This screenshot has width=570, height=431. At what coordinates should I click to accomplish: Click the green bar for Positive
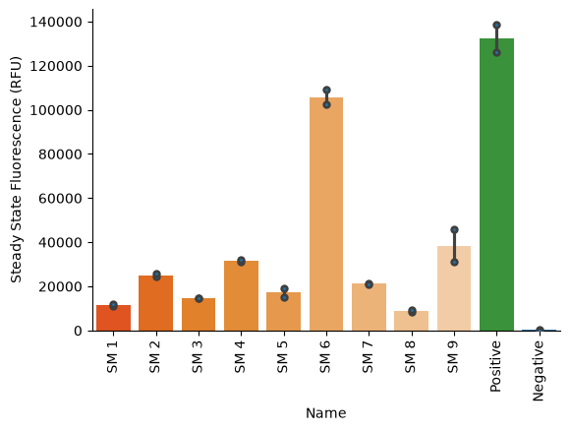[x=496, y=185]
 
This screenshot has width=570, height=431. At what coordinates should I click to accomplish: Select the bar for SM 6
[x=326, y=215]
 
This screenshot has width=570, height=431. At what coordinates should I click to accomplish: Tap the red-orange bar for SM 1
[x=113, y=318]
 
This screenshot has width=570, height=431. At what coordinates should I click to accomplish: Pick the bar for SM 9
[x=454, y=288]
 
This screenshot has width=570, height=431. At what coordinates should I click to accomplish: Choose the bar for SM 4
[x=242, y=295]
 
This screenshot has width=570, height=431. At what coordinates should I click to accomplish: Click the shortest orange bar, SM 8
[x=412, y=321]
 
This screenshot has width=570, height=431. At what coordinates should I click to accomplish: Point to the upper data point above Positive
[x=497, y=26]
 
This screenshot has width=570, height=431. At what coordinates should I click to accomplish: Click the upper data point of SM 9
[x=454, y=229]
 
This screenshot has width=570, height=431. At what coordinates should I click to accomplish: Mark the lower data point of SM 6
[x=327, y=105]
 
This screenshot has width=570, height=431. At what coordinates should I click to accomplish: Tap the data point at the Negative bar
[x=540, y=330]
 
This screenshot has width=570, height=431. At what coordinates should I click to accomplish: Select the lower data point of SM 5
[x=284, y=297]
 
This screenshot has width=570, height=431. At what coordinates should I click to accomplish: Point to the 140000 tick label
[x=56, y=23]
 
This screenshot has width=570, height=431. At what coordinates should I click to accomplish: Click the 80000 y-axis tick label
[x=60, y=154]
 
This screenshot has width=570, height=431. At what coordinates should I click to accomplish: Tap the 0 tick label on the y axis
[x=79, y=331]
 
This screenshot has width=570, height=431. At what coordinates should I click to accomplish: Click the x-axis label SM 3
[x=198, y=357]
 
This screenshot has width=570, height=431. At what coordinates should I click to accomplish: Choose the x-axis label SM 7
[x=368, y=357]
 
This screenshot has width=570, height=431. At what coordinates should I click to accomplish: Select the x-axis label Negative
[x=539, y=371]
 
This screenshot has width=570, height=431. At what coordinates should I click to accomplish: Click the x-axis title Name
[x=325, y=413]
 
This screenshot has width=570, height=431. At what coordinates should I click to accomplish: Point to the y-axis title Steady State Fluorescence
[x=16, y=169]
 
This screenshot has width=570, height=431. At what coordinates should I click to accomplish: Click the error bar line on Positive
[x=497, y=39]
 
